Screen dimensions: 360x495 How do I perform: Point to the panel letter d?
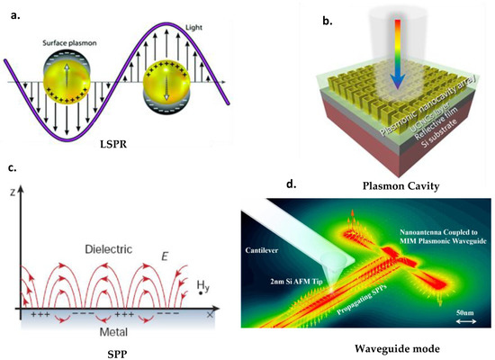click(x=290, y=185)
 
